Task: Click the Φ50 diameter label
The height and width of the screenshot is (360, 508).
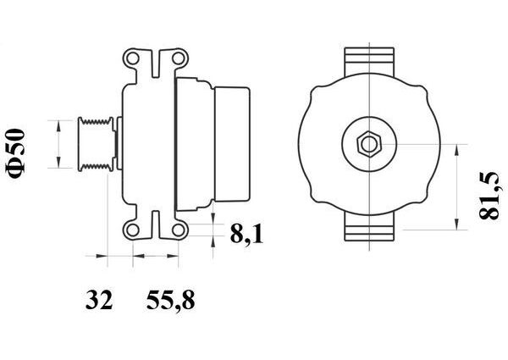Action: click(15, 153)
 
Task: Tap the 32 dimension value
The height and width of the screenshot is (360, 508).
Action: click(99, 300)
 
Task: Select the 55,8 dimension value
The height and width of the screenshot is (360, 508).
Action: click(170, 301)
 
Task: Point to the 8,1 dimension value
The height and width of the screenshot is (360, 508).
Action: click(246, 234)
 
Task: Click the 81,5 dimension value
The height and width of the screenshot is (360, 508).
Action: click(489, 196)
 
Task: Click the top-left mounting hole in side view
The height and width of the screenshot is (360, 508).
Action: click(133, 58)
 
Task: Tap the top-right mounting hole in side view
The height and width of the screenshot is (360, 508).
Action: click(178, 58)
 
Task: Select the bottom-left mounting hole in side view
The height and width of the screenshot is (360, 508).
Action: click(133, 230)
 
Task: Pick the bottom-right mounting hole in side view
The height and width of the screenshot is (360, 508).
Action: click(178, 230)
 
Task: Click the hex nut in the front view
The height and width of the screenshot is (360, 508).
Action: click(369, 144)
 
